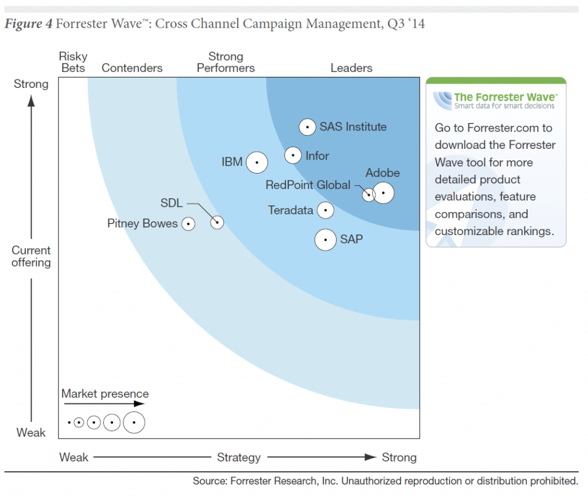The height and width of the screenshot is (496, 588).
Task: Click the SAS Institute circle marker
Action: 308,127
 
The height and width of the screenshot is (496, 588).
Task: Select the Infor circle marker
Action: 293,155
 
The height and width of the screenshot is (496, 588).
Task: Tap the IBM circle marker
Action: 257,163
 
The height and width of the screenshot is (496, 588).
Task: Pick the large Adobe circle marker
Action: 384,193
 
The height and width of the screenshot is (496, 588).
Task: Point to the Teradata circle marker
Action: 326,210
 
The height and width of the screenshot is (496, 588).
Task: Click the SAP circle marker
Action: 326,240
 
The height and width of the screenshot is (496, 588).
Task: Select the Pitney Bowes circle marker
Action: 188,224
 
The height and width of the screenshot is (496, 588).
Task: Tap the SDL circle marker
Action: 217,222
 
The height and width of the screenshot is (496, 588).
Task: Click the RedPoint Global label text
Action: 308,185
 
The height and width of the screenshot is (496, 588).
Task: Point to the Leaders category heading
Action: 351,68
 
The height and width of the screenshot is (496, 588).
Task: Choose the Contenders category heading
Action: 132,68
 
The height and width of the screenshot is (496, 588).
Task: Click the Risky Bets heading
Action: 73,62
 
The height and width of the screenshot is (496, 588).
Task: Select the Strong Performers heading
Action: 226,62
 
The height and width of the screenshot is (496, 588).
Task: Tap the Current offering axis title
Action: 31,256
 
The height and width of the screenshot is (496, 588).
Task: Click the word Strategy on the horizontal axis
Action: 239,457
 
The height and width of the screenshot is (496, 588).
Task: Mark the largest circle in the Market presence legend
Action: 134,422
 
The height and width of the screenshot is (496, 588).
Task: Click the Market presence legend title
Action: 105,394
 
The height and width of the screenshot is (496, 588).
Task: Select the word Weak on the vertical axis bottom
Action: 31,432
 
